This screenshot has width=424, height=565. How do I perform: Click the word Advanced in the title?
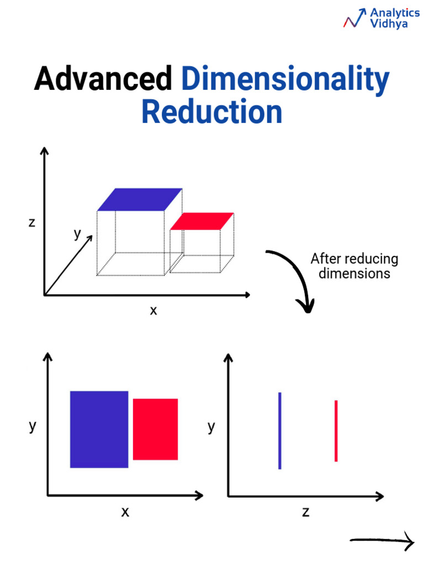coord(103,79)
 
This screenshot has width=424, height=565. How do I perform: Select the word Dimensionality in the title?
coord(285,79)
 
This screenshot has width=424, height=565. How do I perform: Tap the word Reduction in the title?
coord(211,112)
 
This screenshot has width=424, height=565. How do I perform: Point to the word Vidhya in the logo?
coord(389,25)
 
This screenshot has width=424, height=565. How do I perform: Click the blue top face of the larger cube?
coord(140,199)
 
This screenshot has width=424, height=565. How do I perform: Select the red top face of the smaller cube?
coord(202,221)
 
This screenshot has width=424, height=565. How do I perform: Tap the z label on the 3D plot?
coord(31,222)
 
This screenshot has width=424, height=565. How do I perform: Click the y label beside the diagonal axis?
coord(77,234)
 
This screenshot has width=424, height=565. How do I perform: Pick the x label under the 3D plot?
coord(153,311)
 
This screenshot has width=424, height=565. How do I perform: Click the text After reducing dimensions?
coord(354,266)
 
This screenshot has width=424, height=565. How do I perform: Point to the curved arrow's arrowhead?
coord(305,305)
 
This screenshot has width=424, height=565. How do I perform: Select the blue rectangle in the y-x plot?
coord(99,429)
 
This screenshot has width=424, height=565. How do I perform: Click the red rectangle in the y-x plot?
coord(155,429)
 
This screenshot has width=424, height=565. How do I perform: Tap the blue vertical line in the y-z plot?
coord(280,430)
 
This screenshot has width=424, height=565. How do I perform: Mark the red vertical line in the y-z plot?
coord(336,430)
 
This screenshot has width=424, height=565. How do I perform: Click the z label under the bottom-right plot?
coord(305,512)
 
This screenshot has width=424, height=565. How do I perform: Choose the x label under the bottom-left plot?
coord(125,512)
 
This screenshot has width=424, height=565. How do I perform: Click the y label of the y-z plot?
coord(211,427)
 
